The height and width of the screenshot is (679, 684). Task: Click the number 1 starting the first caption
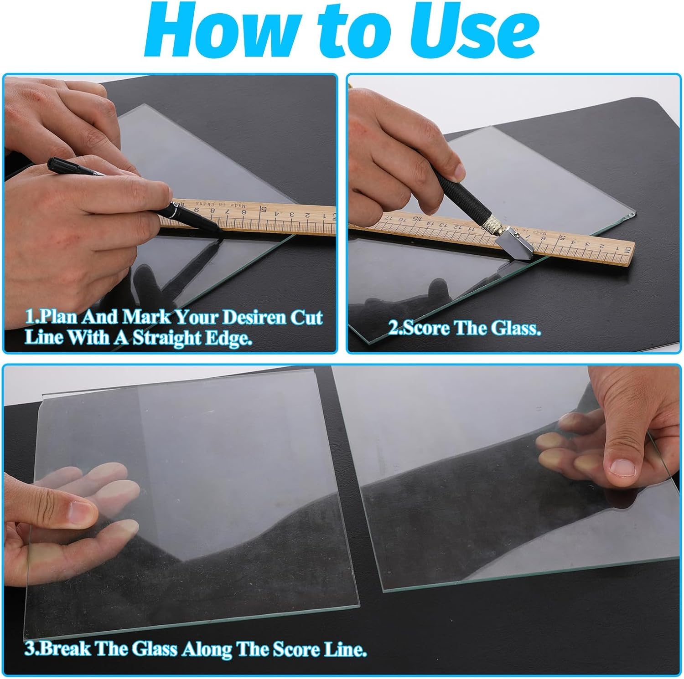point(28,318)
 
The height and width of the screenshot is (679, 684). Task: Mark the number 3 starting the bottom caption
point(28,648)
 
